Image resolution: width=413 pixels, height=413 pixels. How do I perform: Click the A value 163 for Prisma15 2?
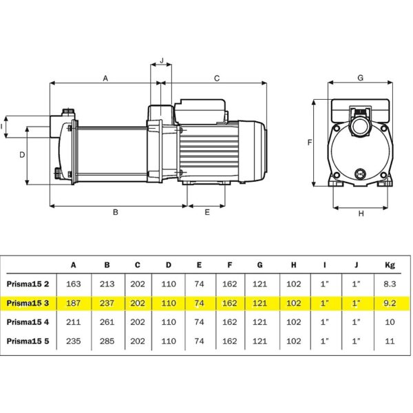tap(73, 284)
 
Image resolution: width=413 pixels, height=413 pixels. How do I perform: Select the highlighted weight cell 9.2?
tap(390, 303)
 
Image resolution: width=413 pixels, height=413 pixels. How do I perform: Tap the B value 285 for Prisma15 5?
tap(107, 341)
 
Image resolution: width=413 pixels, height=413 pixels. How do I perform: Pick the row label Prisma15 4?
tap(28, 322)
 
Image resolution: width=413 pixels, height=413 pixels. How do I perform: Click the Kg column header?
tap(390, 265)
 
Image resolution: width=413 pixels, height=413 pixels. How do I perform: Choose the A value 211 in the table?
tap(73, 322)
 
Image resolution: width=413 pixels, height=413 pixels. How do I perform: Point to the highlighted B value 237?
tap(107, 303)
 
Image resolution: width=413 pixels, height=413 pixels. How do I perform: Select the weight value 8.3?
tap(390, 284)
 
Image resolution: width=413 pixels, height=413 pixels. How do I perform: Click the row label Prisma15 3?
tap(28, 303)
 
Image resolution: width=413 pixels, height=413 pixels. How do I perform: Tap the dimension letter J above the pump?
tap(162, 61)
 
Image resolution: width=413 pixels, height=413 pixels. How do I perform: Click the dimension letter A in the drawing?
tap(105, 78)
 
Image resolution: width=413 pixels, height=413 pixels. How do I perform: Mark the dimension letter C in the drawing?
tap(217, 78)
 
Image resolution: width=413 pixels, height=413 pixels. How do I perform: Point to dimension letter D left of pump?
tap(23, 155)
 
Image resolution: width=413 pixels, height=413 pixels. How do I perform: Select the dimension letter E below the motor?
tap(207, 212)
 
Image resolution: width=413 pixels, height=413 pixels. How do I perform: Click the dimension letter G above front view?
tap(360, 78)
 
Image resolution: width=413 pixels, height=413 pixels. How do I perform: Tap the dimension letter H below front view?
tap(361, 213)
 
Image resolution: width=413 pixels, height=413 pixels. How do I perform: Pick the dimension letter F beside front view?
tap(310, 142)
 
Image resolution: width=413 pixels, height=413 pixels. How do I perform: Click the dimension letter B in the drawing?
tap(116, 212)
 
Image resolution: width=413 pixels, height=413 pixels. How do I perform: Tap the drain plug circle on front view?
tap(359, 173)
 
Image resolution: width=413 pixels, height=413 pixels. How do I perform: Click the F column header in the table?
tap(230, 265)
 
